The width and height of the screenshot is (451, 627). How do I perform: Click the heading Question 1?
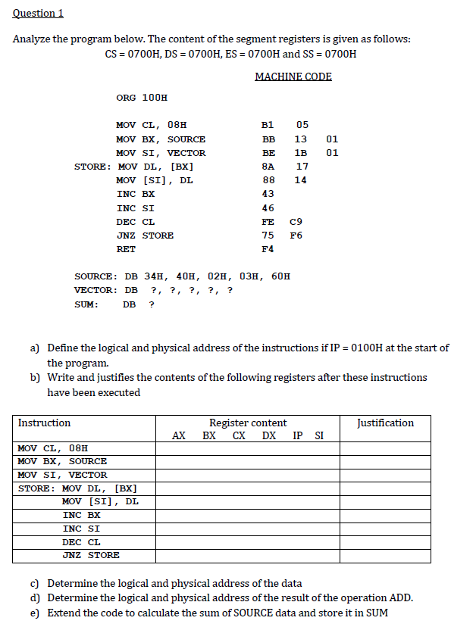pos(38,13)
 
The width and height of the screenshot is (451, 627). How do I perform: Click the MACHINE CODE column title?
pos(293,76)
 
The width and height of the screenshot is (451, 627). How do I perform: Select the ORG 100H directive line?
pos(142,98)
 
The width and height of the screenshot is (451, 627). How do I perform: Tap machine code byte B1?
pos(268,125)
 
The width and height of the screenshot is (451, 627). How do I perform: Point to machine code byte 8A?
pos(268,166)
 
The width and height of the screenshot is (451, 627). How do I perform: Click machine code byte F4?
pos(268,248)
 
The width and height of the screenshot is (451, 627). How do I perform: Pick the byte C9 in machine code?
pos(296,221)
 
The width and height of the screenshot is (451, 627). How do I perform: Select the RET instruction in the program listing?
pos(126,248)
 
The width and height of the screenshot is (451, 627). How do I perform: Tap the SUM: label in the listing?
pos(86,304)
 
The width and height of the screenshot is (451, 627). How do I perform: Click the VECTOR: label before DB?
pos(95,290)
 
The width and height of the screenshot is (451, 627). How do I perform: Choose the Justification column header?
pos(385,423)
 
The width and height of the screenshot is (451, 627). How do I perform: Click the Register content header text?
pos(248,423)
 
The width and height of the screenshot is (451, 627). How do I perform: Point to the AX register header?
pos(179,435)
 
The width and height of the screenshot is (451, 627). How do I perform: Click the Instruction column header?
pos(44,423)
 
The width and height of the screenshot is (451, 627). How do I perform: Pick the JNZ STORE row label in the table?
pos(90,555)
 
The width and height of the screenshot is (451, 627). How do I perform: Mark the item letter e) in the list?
pos(35,612)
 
